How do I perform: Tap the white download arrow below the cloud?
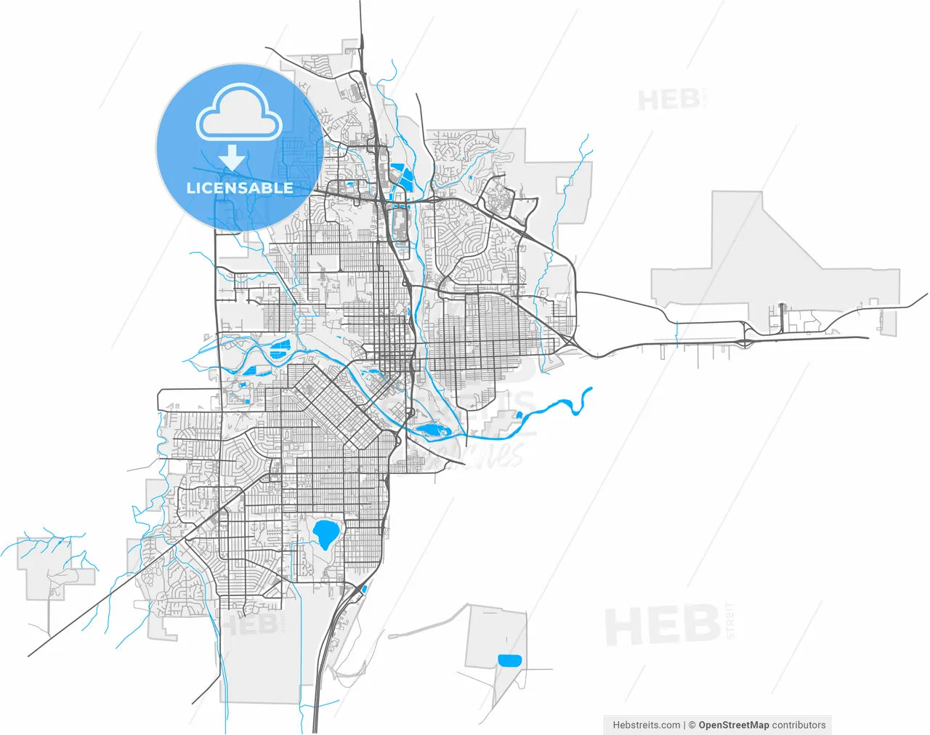[x=232, y=157]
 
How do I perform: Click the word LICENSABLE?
[x=240, y=188]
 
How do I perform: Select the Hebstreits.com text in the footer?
[x=647, y=725]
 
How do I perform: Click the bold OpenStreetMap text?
[x=733, y=725]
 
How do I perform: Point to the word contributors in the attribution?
[x=798, y=725]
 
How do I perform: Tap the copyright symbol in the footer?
[x=692, y=725]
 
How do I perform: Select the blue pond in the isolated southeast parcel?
[x=510, y=660]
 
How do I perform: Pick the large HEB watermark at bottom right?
[x=662, y=626]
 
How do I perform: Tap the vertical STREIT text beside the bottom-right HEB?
[x=730, y=620]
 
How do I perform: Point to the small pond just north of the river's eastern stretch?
[x=519, y=415]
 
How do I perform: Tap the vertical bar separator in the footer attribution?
[x=684, y=725]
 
